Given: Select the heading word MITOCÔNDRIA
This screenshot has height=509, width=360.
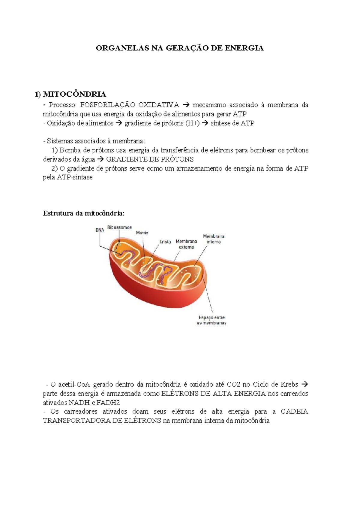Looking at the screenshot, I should [x=74, y=94].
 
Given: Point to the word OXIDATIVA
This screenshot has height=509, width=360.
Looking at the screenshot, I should [x=159, y=105].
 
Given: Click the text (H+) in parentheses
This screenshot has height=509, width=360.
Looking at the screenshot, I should [x=192, y=123].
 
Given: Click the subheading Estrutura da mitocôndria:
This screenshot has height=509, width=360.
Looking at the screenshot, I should [x=83, y=213].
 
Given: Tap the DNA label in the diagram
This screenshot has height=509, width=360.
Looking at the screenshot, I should [x=100, y=230].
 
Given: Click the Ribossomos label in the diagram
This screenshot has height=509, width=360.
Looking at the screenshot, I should [x=119, y=227].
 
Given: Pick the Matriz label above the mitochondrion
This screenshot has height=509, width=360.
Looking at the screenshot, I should [x=142, y=233].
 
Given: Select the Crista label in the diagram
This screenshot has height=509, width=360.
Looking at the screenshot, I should [x=165, y=242].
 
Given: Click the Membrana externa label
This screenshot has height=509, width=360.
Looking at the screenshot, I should [x=186, y=244].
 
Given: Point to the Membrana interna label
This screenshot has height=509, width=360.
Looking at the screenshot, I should [x=214, y=239].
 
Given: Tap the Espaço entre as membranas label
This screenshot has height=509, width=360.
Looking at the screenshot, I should [x=211, y=320].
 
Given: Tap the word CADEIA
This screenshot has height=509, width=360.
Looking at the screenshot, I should [x=294, y=411].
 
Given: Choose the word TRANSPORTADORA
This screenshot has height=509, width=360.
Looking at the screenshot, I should [x=76, y=420].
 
